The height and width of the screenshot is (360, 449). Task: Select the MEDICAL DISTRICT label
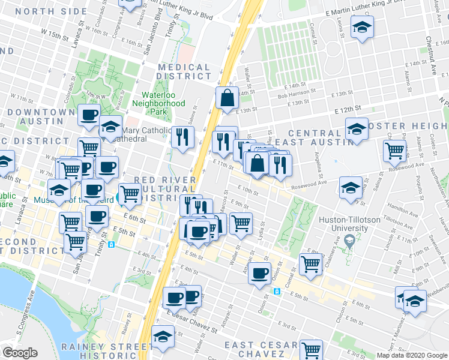click(x=184, y=72)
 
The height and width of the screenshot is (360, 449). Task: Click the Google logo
click(x=20, y=353)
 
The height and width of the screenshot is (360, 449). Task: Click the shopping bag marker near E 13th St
click(x=228, y=98)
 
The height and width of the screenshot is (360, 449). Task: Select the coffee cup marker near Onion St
click(x=260, y=274)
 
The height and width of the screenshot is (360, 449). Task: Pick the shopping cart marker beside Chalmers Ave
click(x=310, y=263)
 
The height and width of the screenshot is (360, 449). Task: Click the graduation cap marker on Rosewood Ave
click(x=351, y=187)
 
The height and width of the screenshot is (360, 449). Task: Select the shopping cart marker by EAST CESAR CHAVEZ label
click(x=311, y=349)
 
